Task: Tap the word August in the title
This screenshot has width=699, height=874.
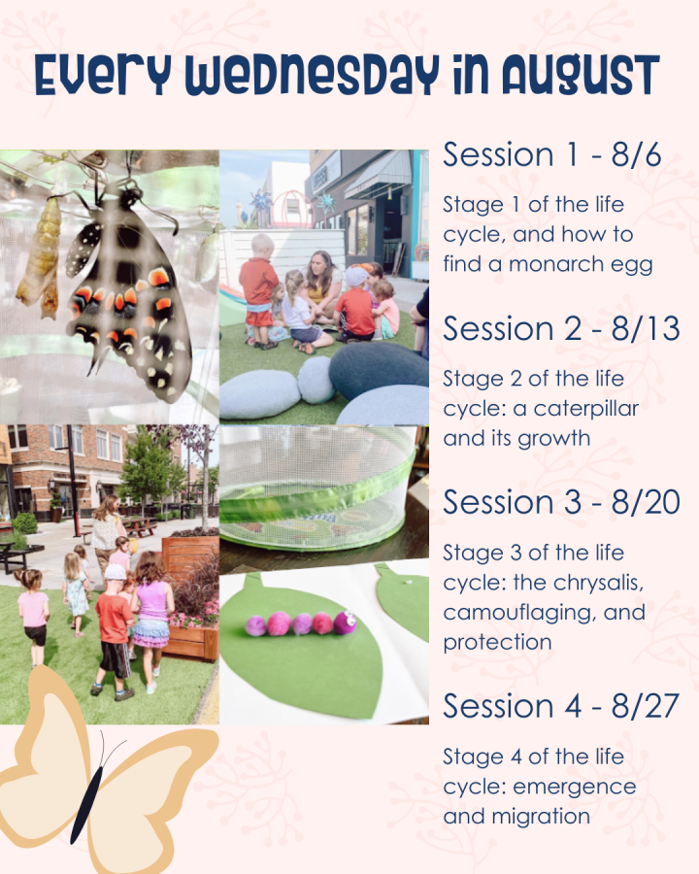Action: (x=581, y=76)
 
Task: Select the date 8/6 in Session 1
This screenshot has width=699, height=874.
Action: (x=636, y=155)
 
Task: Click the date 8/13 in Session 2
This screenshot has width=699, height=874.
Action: (x=646, y=328)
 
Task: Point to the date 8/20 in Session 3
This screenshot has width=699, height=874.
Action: (x=646, y=502)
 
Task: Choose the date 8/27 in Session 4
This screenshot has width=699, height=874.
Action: (x=645, y=706)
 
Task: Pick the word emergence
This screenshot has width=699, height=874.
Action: (x=575, y=788)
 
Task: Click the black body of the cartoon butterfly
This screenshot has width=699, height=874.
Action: (x=86, y=797)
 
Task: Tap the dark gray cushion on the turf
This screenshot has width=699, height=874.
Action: (x=378, y=370)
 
